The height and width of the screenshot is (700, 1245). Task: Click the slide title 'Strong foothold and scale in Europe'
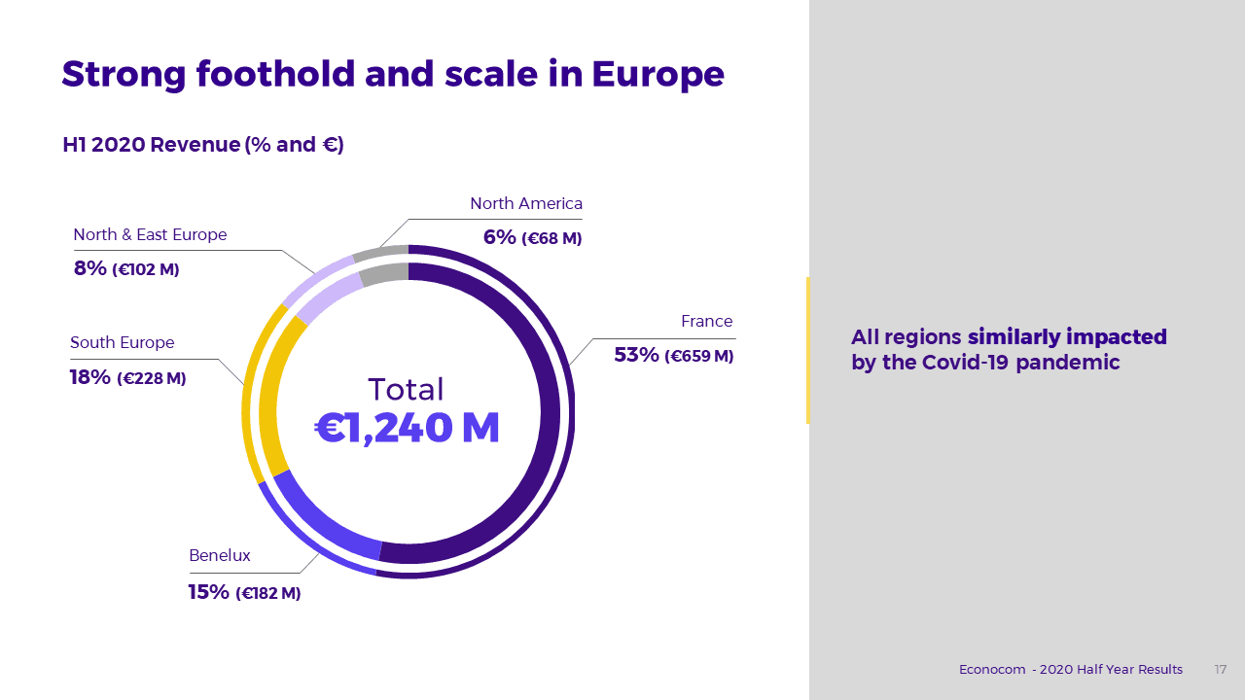tap(393, 75)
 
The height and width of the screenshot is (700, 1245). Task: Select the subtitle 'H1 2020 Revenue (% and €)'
tap(203, 145)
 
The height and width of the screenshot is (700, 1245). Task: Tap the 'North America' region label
tap(526, 204)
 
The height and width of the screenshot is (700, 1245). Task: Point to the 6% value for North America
tap(499, 236)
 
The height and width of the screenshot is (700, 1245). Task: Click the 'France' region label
tap(706, 322)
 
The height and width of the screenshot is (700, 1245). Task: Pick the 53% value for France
tap(636, 355)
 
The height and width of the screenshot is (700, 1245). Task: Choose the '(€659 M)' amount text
tap(698, 356)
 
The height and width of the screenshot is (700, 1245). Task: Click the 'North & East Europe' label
tap(150, 235)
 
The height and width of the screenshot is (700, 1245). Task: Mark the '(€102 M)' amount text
tap(146, 269)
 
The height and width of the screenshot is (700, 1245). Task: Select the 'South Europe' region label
tap(123, 343)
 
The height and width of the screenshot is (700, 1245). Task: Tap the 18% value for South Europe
tap(90, 377)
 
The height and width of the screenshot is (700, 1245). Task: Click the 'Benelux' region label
tap(220, 556)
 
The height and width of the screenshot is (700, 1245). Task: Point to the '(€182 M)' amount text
tap(268, 593)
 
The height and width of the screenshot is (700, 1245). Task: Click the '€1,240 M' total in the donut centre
tap(408, 429)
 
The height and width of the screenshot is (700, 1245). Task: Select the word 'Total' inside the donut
tap(406, 390)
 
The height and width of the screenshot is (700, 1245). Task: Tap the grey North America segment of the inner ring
tap(384, 274)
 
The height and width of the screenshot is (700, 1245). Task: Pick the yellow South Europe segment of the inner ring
tap(269, 399)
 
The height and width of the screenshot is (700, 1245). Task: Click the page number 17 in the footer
tap(1220, 670)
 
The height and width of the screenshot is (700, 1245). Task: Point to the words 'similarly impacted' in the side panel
tap(1067, 337)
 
